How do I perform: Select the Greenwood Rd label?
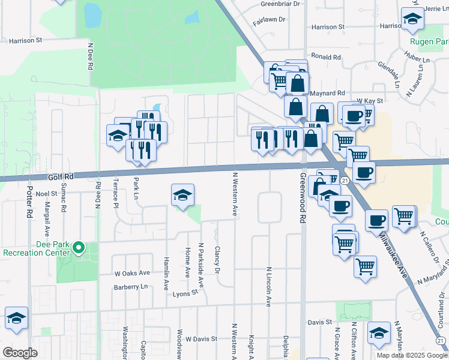(303, 199)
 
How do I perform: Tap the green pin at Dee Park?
(78, 247)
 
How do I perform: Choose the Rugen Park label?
(429, 42)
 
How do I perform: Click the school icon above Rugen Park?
(413, 20)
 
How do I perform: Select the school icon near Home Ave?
(183, 196)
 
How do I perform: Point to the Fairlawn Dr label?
(269, 19)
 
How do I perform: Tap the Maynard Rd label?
(328, 93)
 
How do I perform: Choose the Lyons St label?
(185, 293)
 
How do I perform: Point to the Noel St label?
(46, 194)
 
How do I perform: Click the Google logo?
(20, 353)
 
